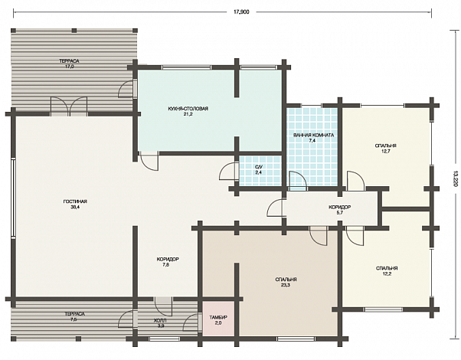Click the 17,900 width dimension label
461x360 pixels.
tap(241, 12)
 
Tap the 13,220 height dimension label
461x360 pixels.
tap(456, 178)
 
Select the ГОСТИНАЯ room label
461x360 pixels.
tap(75, 204)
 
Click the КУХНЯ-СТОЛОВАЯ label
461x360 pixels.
tap(188, 111)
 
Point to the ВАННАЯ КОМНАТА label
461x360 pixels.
tap(313, 138)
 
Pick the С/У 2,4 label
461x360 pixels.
tap(258, 170)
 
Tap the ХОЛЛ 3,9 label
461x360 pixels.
tap(160, 323)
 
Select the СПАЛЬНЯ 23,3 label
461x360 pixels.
tap(286, 282)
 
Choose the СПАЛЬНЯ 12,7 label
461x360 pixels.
tap(385, 149)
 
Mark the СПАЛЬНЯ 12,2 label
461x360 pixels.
tap(387, 271)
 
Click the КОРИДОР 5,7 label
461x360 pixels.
tap(339, 210)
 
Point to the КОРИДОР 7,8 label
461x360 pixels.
tap(168, 262)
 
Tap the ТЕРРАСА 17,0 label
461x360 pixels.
tap(69, 64)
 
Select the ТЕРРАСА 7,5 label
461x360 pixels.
tap(75, 316)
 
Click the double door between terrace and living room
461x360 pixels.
tap(69, 106)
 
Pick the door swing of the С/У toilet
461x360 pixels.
tap(228, 172)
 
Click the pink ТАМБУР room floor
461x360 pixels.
tap(217, 319)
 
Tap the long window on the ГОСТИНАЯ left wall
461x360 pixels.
tap(13, 198)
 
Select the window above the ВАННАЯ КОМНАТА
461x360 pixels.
tap(312, 105)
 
